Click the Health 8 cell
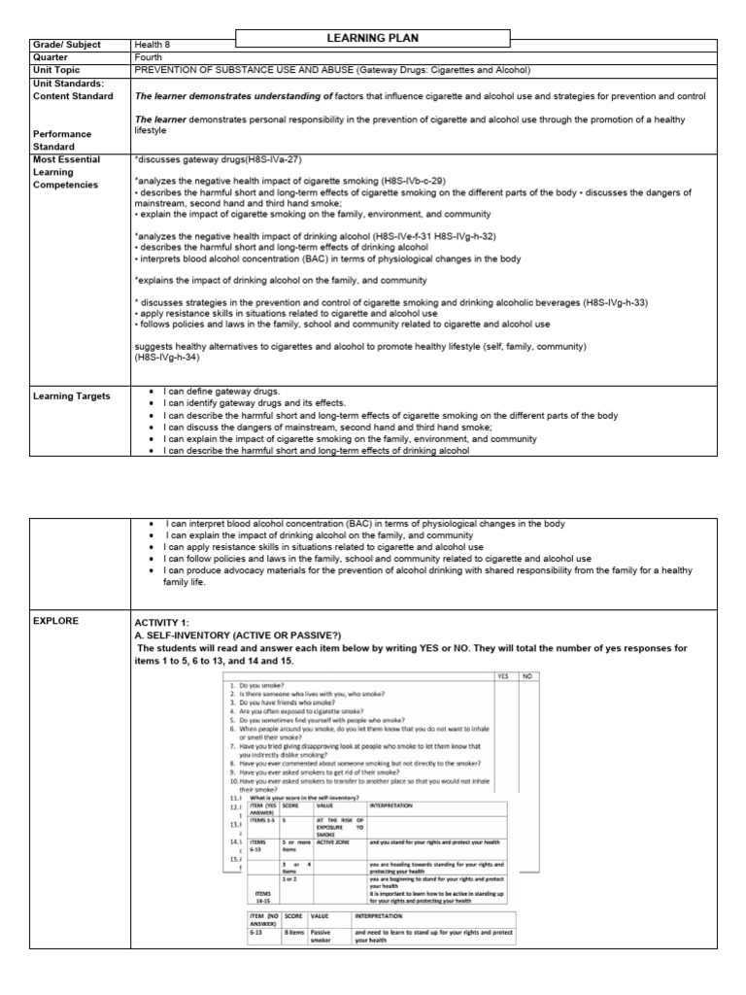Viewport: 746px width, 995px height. [156, 45]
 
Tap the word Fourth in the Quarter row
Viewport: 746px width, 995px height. [150, 57]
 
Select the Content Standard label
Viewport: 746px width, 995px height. [73, 96]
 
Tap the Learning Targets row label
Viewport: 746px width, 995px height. [72, 395]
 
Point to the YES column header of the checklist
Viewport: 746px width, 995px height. [502, 676]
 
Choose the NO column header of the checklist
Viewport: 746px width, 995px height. [526, 676]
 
